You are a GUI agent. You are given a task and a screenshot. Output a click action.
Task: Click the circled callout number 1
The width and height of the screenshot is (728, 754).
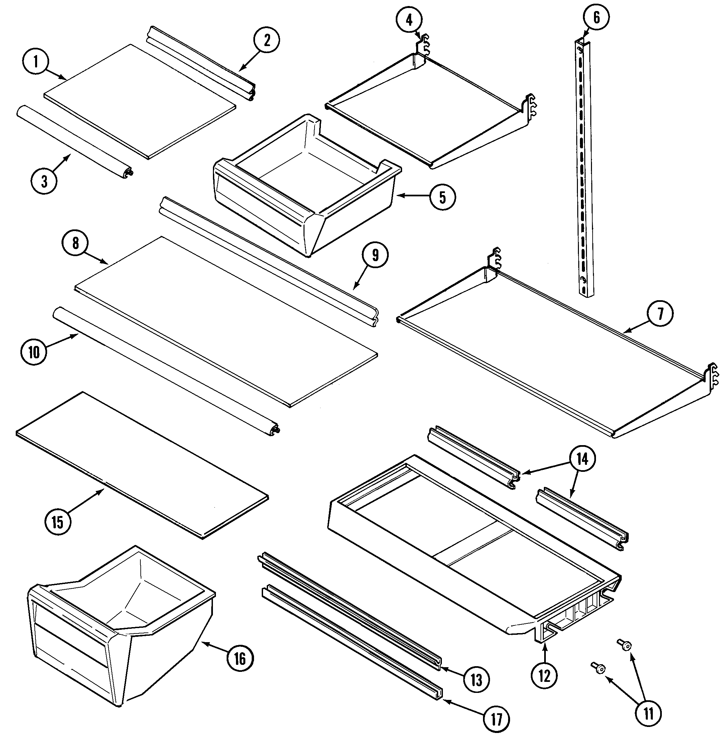(36, 61)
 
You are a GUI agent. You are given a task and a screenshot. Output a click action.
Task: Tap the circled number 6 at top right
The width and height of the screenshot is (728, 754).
(596, 18)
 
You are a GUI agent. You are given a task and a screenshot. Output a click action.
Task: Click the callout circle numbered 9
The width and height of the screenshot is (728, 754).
(375, 255)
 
